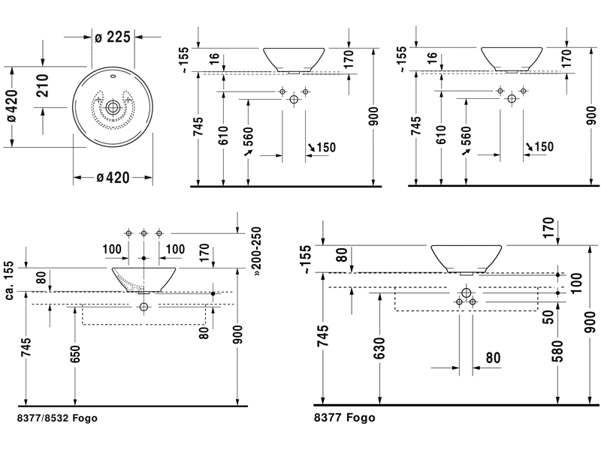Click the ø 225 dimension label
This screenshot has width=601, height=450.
(x=113, y=37)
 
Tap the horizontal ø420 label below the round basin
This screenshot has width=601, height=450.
(x=113, y=177)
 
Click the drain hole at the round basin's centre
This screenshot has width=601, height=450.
(x=113, y=108)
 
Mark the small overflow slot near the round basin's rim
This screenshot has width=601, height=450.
(x=113, y=77)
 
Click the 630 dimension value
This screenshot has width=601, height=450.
(x=379, y=349)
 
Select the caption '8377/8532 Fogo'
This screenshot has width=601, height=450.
(x=56, y=417)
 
